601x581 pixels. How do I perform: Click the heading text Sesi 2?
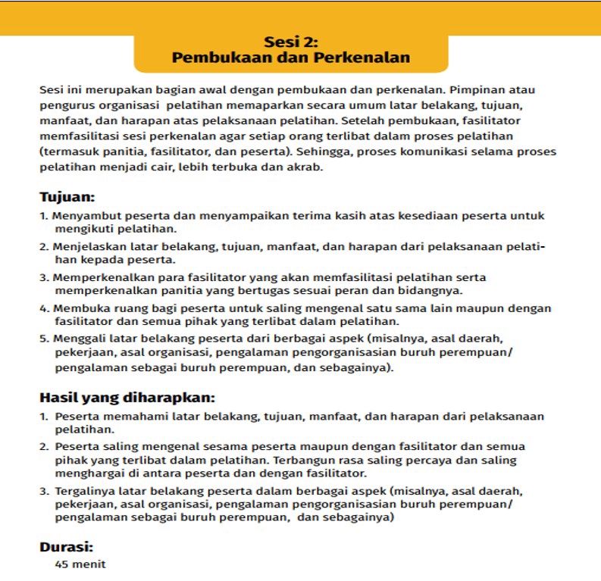[290, 42]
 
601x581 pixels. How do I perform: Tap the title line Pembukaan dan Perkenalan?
[290, 58]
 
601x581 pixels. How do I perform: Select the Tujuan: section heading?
[67, 198]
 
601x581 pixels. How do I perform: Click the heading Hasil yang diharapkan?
[127, 398]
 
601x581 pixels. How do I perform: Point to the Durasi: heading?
[66, 546]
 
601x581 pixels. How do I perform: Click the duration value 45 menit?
[80, 564]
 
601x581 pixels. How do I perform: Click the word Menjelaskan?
[86, 247]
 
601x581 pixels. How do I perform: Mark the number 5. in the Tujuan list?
[44, 339]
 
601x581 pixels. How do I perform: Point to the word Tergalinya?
[83, 491]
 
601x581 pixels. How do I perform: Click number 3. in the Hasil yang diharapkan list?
[44, 491]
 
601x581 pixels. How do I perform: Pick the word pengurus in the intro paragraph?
[67, 105]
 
